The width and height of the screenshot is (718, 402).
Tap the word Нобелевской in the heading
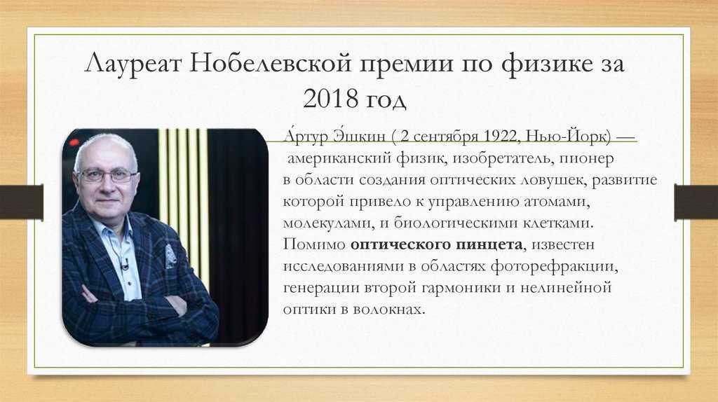[270, 63]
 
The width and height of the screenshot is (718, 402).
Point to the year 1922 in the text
[501, 137]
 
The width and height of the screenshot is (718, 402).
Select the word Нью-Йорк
[569, 137]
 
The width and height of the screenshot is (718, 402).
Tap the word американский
[339, 158]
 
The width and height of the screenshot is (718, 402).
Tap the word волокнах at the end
[390, 310]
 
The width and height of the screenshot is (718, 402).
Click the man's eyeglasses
[107, 175]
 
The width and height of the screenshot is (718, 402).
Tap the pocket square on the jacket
[170, 256]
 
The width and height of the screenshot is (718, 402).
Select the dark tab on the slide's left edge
[22, 202]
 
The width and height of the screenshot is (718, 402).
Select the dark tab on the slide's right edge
[696, 202]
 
